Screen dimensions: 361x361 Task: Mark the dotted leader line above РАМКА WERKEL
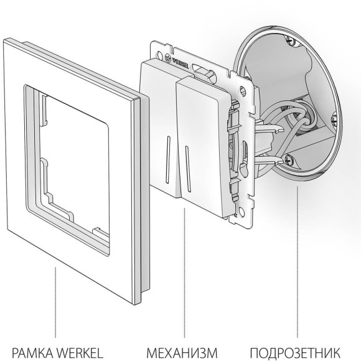coord(55,305)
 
